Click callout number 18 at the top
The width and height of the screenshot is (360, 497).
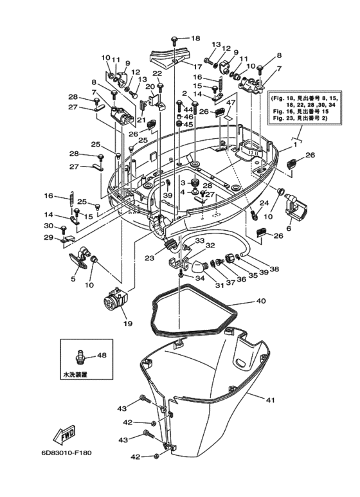195,38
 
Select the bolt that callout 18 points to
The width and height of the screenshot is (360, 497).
175,39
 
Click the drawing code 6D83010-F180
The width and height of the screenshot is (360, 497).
66,453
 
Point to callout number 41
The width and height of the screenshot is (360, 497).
270,400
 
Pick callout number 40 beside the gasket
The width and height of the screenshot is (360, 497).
260,300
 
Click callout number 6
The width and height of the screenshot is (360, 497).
289,228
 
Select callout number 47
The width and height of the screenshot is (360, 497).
230,103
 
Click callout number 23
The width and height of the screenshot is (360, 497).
150,258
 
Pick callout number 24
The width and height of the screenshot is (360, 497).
262,203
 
